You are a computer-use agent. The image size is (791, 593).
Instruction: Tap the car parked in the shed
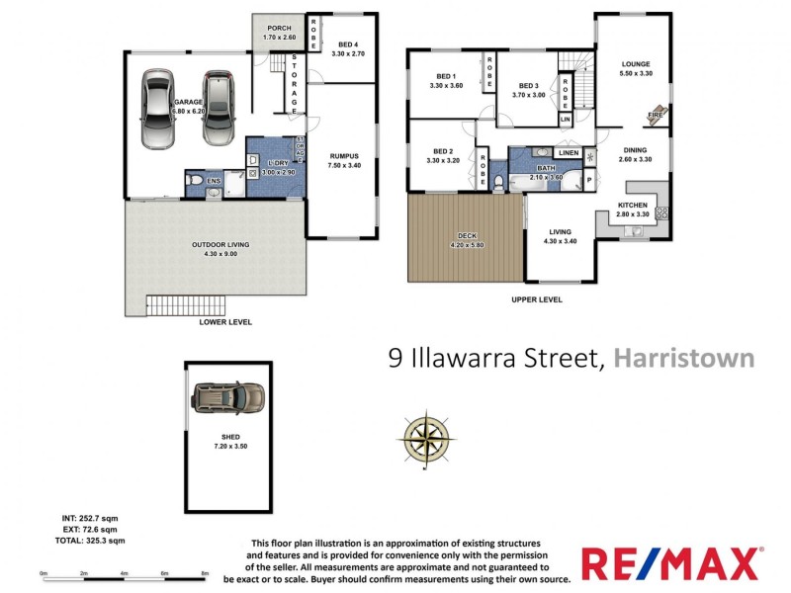(x=227, y=397)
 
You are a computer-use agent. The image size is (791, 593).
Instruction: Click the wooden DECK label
(x=465, y=234)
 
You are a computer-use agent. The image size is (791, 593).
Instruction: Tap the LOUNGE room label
(x=635, y=64)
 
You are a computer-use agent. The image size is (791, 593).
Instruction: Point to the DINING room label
(x=635, y=150)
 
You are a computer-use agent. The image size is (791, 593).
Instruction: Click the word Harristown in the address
(x=684, y=357)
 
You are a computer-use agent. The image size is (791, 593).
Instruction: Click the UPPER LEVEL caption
(x=537, y=299)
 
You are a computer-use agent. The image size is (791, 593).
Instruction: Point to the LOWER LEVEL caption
(x=225, y=322)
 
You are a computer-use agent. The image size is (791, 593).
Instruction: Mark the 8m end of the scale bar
(x=204, y=574)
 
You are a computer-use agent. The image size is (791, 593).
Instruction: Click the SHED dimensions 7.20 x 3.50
(x=230, y=446)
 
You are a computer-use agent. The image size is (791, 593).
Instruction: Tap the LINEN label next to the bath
(x=568, y=153)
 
